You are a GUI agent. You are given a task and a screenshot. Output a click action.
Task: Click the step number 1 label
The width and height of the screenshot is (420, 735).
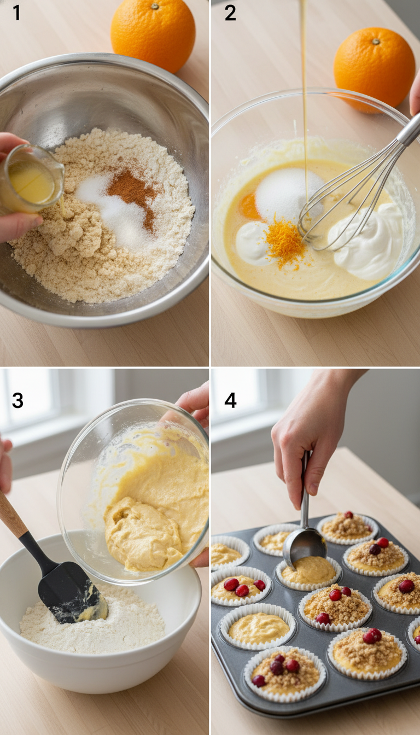click(16, 13)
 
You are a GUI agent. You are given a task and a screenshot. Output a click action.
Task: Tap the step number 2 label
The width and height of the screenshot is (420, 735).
click(230, 13)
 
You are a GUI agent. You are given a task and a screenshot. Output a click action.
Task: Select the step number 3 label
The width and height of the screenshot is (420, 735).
click(17, 400)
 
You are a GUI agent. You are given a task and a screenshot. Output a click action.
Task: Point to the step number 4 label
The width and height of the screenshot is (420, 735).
click(230, 400)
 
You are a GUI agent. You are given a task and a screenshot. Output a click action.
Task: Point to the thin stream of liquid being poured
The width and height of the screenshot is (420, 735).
click(304, 82)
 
